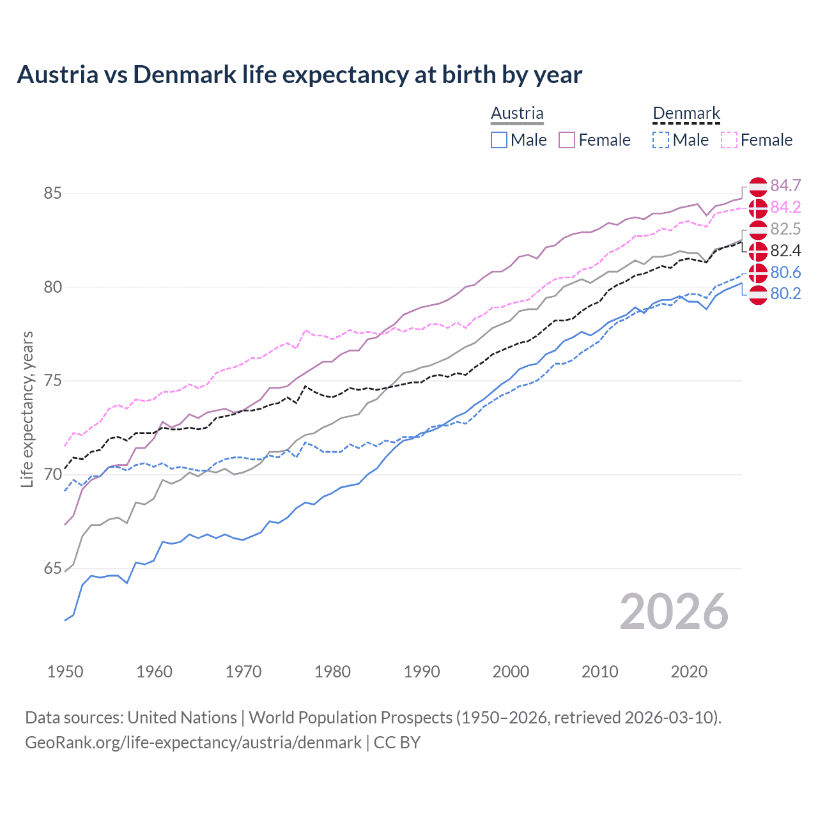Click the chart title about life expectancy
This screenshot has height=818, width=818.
coord(299,75)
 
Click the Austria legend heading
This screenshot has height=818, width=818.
coord(517,113)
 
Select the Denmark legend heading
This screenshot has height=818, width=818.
coord(686,113)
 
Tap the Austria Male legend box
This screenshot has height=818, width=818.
coord(499,140)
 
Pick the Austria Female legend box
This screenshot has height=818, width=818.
coord(567,140)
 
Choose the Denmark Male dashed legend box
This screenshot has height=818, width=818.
coord(661,140)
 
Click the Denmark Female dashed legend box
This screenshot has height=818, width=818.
coord(729,140)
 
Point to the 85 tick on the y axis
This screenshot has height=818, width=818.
coord(53,193)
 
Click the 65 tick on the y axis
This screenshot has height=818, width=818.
coord(53,568)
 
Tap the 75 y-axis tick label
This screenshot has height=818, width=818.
coord(53,381)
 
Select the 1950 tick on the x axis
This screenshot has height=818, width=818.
coord(65,672)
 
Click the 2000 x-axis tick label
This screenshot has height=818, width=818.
coord(511,672)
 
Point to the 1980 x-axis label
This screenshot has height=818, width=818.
coord(332,672)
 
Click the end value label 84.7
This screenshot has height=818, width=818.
coord(785,185)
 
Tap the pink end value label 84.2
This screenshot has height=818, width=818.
coord(785,207)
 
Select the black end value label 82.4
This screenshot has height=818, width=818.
coord(785,251)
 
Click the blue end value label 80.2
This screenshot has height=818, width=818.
coord(785,293)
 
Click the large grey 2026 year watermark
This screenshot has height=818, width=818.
coord(674,612)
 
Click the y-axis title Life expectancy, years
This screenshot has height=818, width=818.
coord(27,409)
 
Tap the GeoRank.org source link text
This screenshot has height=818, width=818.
coord(193,743)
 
